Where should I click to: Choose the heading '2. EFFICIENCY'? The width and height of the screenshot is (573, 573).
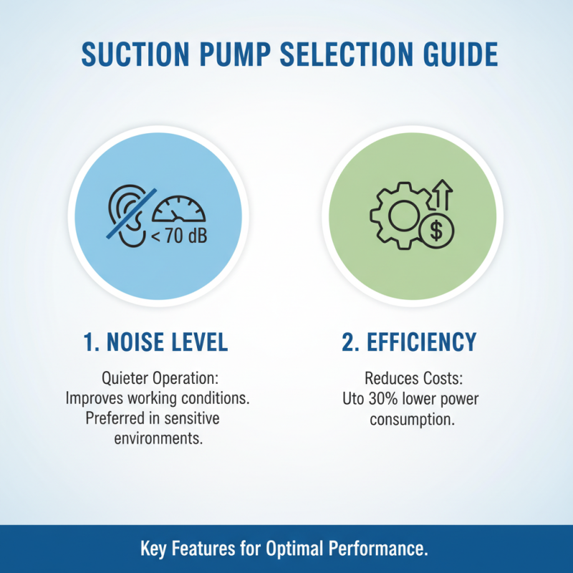pyautogui.click(x=409, y=342)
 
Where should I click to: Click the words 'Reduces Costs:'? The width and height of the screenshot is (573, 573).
pyautogui.click(x=411, y=378)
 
